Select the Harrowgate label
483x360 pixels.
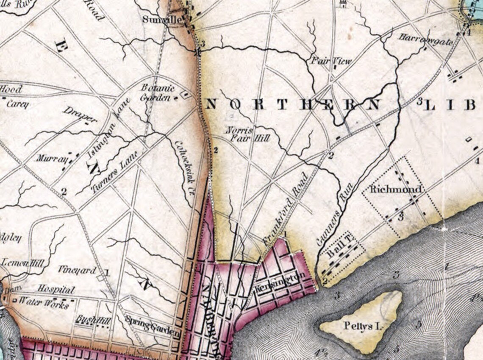425,38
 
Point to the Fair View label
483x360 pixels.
331,61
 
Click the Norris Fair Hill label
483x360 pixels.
240,133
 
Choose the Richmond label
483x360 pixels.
396,190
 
